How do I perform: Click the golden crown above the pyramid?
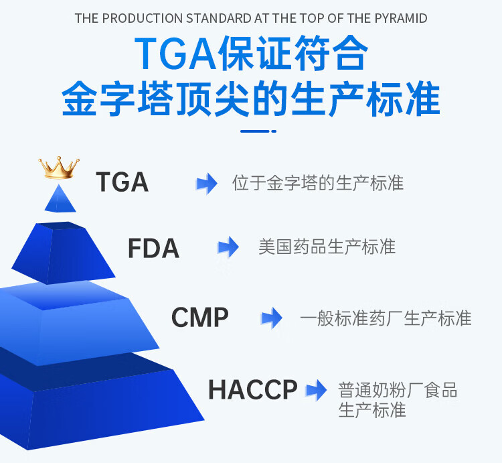coord(59,168)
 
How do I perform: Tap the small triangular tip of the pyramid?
coord(60,199)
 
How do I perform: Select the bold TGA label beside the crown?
coord(122,182)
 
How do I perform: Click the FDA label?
coord(153,248)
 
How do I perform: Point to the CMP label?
coord(199,317)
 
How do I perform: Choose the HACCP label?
coord(253,389)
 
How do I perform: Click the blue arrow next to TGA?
coord(207,184)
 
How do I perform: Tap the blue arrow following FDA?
coord(228,247)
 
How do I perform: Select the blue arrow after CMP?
coord(272,318)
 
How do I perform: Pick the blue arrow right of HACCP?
coord(316,390)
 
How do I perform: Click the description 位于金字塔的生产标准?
coord(318,183)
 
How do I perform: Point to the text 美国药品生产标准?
coord(327,247)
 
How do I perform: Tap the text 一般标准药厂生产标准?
coord(386,318)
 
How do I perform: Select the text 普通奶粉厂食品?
coord(398,390)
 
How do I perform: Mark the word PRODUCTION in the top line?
coord(142,18)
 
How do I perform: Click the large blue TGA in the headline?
coord(176,54)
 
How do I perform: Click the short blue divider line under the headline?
coord(258,131)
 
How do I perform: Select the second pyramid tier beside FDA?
coord(63,253)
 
